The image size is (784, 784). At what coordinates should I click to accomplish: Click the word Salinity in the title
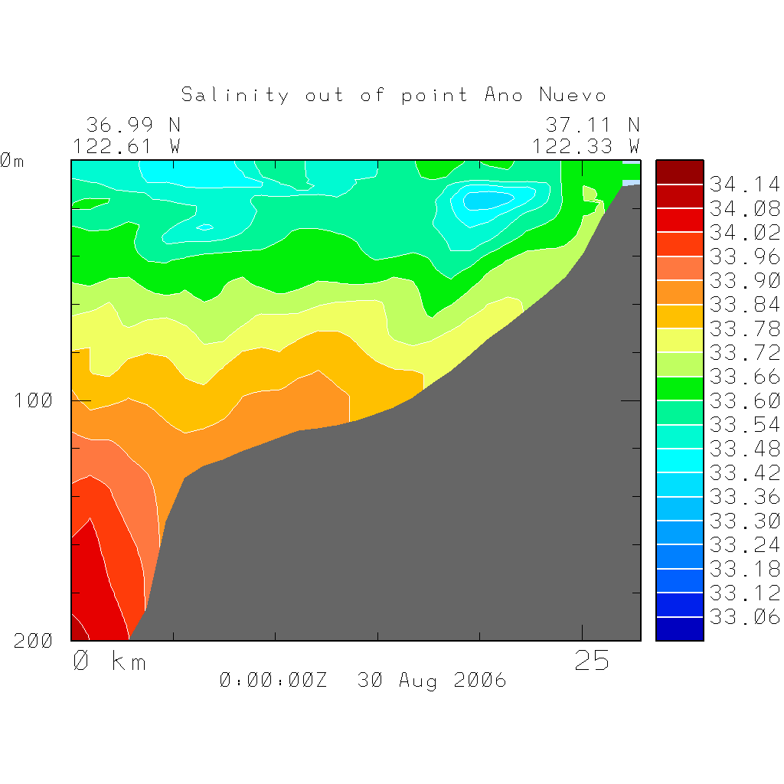click(235, 95)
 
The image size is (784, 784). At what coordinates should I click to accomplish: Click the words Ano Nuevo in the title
click(545, 95)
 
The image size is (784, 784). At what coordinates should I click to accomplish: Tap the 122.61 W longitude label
click(126, 145)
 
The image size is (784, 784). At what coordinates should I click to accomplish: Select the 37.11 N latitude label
click(592, 124)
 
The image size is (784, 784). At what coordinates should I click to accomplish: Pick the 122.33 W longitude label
click(586, 145)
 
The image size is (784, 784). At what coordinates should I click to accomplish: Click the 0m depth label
click(12, 161)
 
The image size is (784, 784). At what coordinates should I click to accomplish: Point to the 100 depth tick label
click(34, 400)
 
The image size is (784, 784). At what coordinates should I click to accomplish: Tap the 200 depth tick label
click(34, 641)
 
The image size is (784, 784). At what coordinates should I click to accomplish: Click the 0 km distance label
click(109, 661)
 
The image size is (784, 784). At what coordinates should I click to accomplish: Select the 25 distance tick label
click(593, 661)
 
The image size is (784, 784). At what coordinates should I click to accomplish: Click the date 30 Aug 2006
click(432, 680)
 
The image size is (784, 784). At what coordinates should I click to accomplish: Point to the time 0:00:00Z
click(273, 680)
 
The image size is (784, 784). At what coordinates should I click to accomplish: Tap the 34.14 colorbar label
click(744, 185)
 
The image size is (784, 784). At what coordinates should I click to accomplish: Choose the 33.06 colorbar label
click(744, 617)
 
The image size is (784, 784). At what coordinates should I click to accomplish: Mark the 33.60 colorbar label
click(744, 400)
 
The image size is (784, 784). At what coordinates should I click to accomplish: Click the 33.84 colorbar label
click(744, 305)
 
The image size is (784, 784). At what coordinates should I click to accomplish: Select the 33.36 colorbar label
click(744, 497)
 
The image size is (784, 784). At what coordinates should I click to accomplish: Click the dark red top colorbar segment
click(679, 172)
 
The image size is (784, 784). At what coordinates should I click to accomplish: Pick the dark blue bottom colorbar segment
click(679, 629)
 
